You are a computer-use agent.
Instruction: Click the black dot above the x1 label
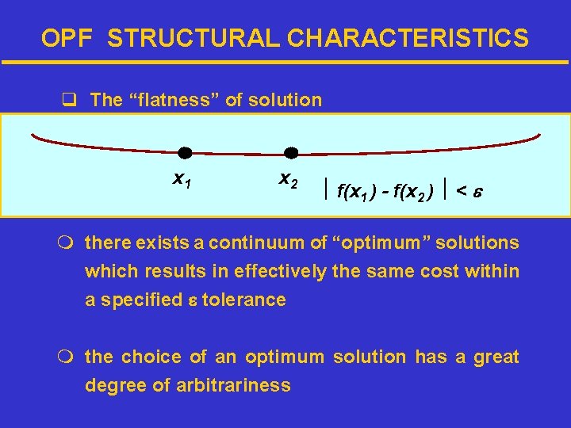185,152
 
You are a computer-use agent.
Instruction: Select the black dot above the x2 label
291,152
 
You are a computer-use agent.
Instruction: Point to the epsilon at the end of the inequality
479,191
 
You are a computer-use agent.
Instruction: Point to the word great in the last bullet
495,357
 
